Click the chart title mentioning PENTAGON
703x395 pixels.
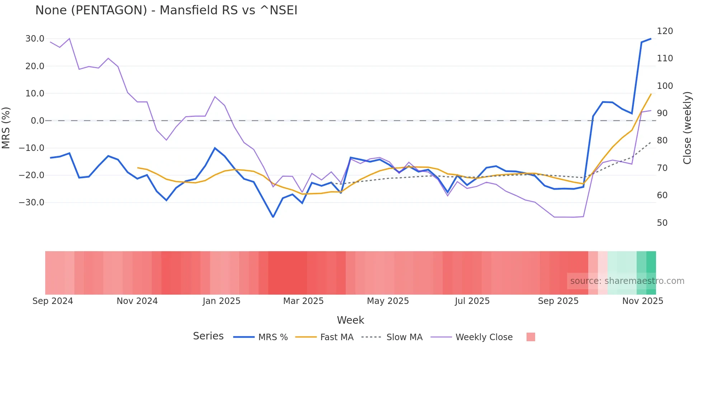[166, 10]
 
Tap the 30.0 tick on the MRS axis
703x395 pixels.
[35, 39]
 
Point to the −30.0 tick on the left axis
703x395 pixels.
[32, 203]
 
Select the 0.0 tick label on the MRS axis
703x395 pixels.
[37, 121]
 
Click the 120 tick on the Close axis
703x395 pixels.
[665, 31]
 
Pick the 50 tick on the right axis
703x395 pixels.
[662, 223]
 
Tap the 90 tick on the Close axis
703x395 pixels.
[662, 113]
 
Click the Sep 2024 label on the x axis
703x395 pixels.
[53, 301]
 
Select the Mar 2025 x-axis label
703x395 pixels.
[303, 301]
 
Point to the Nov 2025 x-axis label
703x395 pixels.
[642, 301]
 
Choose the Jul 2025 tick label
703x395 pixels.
[472, 301]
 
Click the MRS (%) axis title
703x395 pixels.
[6, 128]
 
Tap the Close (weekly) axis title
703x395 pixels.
[687, 128]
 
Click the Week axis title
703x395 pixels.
[350, 320]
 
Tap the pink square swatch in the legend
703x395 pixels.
[530, 337]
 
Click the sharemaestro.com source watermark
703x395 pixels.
[627, 281]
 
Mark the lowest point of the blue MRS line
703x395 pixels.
[273, 217]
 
